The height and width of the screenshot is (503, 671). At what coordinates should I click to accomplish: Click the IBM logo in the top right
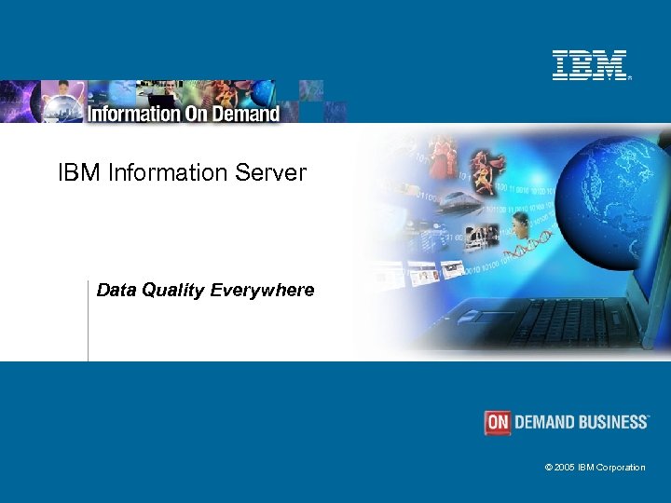coord(590,65)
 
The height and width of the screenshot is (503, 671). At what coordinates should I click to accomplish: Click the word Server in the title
coord(277,172)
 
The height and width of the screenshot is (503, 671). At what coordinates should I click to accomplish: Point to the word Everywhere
coord(262,291)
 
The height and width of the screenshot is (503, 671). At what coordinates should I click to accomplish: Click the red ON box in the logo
coord(498,423)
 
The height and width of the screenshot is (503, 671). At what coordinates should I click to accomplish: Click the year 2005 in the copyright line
coord(565,468)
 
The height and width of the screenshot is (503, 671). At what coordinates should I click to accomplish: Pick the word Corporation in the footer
coord(622,468)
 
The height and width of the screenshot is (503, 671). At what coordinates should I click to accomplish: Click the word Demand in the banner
coord(249,114)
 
